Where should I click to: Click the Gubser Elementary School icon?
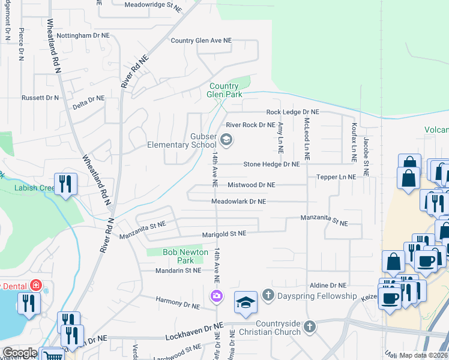(x=226, y=141)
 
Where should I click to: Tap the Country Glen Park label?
(x=224, y=90)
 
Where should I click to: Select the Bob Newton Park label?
(x=187, y=256)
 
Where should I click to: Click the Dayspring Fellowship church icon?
(x=268, y=295)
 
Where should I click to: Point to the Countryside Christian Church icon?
(x=309, y=327)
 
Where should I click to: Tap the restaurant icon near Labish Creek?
(x=64, y=184)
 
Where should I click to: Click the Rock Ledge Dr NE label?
(x=293, y=112)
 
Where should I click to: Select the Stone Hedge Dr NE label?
(x=271, y=164)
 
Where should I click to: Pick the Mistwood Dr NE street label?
(x=251, y=185)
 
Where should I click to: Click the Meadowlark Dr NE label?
(x=238, y=202)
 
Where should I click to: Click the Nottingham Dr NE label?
(x=83, y=36)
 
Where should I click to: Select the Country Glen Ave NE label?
(x=200, y=41)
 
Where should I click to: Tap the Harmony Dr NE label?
(x=178, y=305)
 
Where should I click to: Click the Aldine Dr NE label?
(x=328, y=286)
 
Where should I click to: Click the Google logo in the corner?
(x=19, y=353)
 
